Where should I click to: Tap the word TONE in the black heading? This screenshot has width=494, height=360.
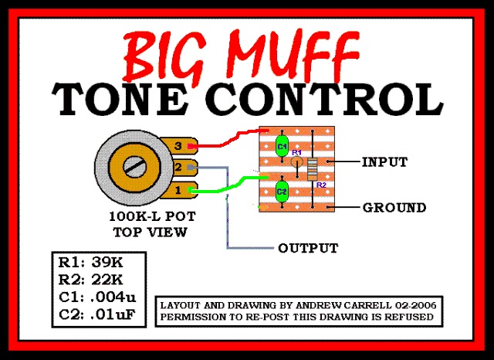coord(128,97)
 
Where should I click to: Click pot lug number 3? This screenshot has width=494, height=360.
coord(179,145)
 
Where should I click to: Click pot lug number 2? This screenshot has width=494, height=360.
coord(179,168)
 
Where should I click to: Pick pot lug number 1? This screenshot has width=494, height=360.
coord(179,190)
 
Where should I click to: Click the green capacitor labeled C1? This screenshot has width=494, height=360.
coord(282,146)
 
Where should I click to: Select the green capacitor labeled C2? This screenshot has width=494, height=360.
coord(282,190)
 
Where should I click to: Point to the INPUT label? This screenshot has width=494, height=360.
coord(384,162)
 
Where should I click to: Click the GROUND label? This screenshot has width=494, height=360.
coord(394,208)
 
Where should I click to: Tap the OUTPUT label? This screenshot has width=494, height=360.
coord(308,248)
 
